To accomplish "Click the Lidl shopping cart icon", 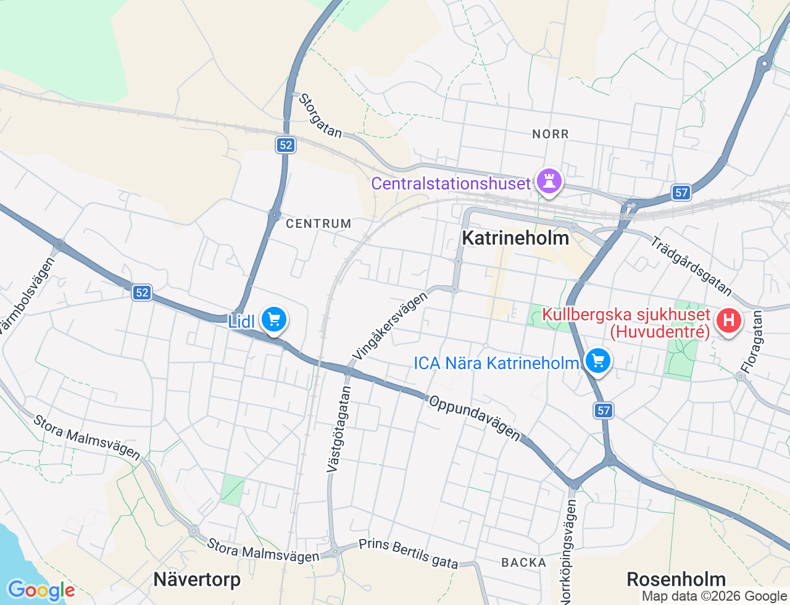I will pyautogui.click(x=274, y=320).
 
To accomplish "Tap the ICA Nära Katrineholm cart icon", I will pyautogui.click(x=597, y=361).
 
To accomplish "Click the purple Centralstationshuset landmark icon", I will pyautogui.click(x=549, y=181).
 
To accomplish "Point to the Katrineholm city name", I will pyautogui.click(x=515, y=238).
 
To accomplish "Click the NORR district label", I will pyautogui.click(x=551, y=134).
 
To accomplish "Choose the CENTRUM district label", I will pyautogui.click(x=318, y=223).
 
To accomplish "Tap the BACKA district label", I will pyautogui.click(x=524, y=562).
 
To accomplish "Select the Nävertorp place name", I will pyautogui.click(x=197, y=579).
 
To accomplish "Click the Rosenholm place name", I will pyautogui.click(x=676, y=579).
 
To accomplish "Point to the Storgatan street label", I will pyautogui.click(x=320, y=115).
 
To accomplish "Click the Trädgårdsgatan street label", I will pyautogui.click(x=691, y=266).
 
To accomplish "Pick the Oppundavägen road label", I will pyautogui.click(x=475, y=418).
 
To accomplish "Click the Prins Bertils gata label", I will pyautogui.click(x=409, y=553).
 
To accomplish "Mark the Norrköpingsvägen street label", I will pyautogui.click(x=568, y=551).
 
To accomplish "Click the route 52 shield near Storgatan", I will pyautogui.click(x=285, y=145).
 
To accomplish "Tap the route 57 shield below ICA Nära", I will pyautogui.click(x=604, y=411).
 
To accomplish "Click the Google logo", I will pyautogui.click(x=41, y=590).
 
